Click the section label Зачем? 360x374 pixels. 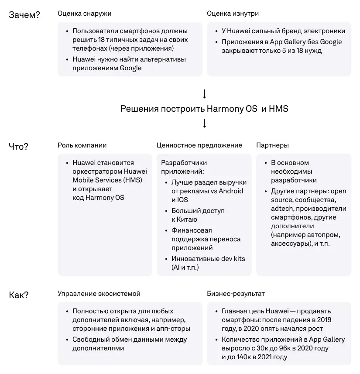(x=24, y=15)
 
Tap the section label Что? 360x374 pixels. (x=19, y=147)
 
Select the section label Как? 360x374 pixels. (x=19, y=295)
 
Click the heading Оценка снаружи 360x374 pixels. (x=84, y=14)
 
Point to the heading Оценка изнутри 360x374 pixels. (x=233, y=14)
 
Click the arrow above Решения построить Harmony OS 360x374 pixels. (x=204, y=94)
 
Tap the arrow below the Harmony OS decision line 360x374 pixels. (x=204, y=123)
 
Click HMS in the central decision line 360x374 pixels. (x=279, y=109)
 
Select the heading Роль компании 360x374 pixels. (x=82, y=145)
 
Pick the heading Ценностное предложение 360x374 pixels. (x=199, y=145)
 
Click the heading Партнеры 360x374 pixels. (x=272, y=145)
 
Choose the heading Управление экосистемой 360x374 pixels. (x=99, y=294)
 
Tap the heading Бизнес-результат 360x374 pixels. (x=236, y=294)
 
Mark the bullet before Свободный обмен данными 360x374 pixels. (x=67, y=340)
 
